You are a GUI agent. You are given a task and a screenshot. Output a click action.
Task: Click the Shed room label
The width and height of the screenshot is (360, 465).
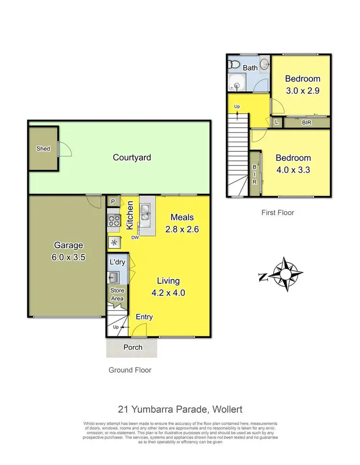tap(43, 148)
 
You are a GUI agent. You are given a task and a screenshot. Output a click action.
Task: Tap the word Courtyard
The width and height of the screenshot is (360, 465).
tap(132, 157)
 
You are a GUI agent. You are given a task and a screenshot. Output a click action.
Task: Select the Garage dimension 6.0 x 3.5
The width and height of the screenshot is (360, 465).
tap(69, 257)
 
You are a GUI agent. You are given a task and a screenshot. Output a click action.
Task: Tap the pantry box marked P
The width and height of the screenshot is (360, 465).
tap(113, 202)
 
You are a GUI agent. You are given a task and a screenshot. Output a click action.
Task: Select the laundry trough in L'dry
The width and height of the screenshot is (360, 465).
tap(114, 277)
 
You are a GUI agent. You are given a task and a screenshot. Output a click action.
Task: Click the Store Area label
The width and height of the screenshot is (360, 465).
tap(117, 294)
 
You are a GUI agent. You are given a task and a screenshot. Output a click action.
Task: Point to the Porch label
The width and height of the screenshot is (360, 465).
tap(132, 347)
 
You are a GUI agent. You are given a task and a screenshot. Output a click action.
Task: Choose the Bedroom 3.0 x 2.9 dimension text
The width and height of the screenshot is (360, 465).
tap(302, 90)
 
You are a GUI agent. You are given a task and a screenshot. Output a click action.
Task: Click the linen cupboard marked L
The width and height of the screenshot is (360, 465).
tap(276, 123)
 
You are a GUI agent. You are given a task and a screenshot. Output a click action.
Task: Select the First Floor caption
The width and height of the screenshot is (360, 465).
tap(277, 212)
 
